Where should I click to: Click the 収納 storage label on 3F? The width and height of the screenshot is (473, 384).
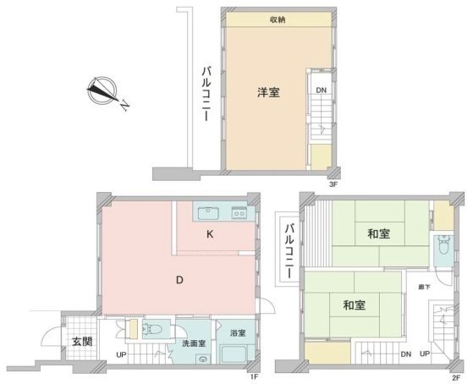278,20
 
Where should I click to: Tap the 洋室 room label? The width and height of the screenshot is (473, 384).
268,92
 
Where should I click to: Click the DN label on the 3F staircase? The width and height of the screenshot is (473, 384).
321,90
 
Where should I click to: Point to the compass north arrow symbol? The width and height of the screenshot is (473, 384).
102,91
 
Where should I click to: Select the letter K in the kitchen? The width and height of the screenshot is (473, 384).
210,234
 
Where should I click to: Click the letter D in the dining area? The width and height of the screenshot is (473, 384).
179,280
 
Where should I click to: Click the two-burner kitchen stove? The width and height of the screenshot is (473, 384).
239,213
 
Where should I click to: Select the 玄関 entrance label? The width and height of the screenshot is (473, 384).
82,342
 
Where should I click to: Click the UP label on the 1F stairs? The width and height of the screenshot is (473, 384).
121,355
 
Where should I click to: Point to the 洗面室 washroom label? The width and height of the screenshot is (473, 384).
194,343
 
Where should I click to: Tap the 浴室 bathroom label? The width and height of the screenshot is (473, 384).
238,333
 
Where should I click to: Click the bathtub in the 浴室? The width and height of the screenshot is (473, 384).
234,354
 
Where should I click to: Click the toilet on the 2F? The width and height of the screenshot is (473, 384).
443,245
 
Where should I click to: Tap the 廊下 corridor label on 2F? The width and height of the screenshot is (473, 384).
424,288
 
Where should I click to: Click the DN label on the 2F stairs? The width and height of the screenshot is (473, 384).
406,354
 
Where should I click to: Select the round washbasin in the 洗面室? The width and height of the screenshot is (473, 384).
203,359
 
